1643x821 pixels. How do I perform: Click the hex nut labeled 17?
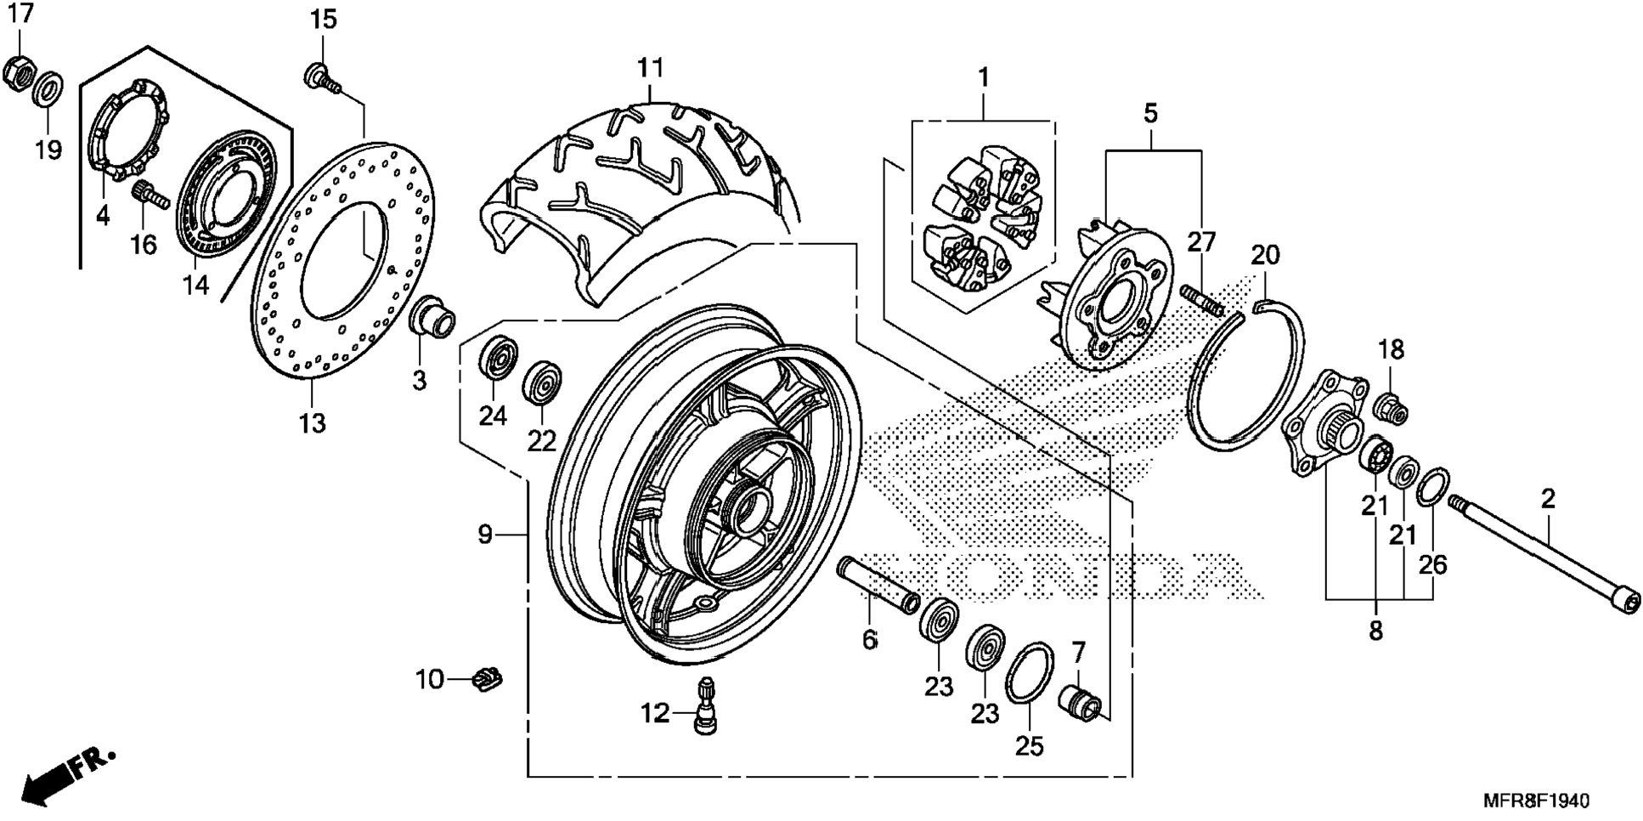click(18, 73)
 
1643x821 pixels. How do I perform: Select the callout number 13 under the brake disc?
click(312, 422)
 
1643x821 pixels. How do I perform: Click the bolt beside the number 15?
click(323, 76)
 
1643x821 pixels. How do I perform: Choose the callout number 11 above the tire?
click(650, 67)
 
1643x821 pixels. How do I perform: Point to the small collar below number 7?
click(1081, 705)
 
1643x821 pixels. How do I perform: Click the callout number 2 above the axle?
click(1548, 499)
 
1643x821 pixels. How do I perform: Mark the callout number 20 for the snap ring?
click(1265, 254)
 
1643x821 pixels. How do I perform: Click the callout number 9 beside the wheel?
click(485, 535)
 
